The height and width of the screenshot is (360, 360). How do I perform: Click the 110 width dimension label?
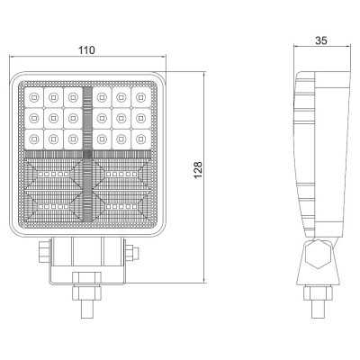pyautogui.click(x=86, y=50)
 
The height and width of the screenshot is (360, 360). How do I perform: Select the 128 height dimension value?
pyautogui.click(x=198, y=170)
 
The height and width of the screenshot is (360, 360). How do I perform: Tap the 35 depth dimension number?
pyautogui.click(x=321, y=40)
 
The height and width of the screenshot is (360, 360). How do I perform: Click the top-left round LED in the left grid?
pyautogui.click(x=33, y=97)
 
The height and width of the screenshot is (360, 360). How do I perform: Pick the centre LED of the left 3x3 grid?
pyautogui.click(x=53, y=118)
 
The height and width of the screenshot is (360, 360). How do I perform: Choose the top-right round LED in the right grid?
pyautogui.click(x=140, y=97)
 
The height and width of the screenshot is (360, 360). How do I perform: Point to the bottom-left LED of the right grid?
pyautogui.click(x=103, y=139)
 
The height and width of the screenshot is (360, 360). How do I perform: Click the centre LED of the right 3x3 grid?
pyautogui.click(x=121, y=118)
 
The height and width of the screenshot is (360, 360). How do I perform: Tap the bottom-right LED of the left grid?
pyautogui.click(x=72, y=139)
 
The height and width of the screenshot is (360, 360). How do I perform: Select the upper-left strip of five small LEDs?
pyautogui.click(x=54, y=174)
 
